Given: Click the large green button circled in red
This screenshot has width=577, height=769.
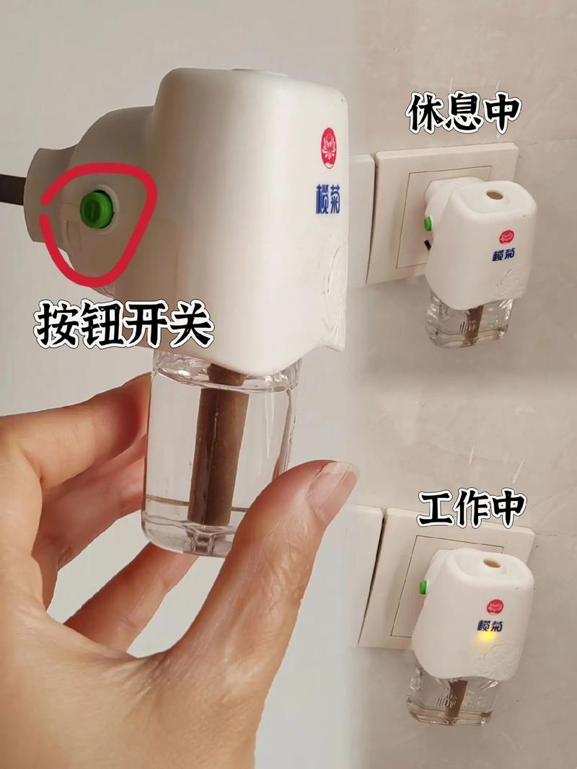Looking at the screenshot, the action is tap(97, 210).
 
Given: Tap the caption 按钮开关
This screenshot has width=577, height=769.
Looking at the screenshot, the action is tap(124, 324).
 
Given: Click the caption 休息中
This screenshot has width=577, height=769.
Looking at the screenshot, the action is tap(462, 113).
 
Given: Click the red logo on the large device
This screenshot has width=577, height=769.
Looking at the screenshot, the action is tap(329, 148).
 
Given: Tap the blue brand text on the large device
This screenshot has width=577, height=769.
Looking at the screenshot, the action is tap(327, 200).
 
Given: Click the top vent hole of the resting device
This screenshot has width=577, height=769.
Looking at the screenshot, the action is tap(495, 195).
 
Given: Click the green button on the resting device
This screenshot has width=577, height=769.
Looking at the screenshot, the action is tap(428, 223).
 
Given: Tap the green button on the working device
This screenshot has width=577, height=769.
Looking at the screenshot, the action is tap(423, 587).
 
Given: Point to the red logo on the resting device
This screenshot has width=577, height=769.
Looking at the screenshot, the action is tap(506, 237).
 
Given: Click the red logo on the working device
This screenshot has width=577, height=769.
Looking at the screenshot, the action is tap(495, 607).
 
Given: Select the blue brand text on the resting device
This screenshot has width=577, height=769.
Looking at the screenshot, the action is tap(504, 254).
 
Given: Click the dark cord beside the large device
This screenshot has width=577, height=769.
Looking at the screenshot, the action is tap(13, 190).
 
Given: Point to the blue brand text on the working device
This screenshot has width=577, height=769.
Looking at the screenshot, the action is tap(490, 626).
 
